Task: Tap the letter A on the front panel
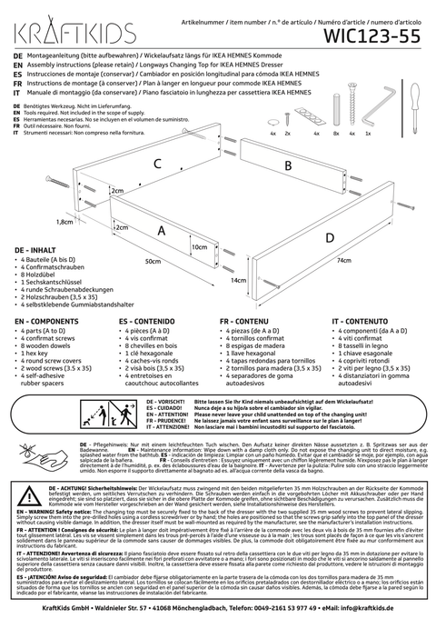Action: click(x=162, y=231)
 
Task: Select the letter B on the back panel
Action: click(x=288, y=165)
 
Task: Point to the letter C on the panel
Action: click(x=157, y=164)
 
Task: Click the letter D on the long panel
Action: click(x=329, y=237)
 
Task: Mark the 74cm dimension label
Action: click(x=343, y=260)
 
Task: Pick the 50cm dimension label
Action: click(x=153, y=261)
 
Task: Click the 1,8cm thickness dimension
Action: click(x=64, y=221)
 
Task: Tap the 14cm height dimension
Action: click(x=238, y=281)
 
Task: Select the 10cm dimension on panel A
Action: click(x=199, y=246)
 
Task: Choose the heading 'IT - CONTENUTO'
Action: click(x=363, y=321)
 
